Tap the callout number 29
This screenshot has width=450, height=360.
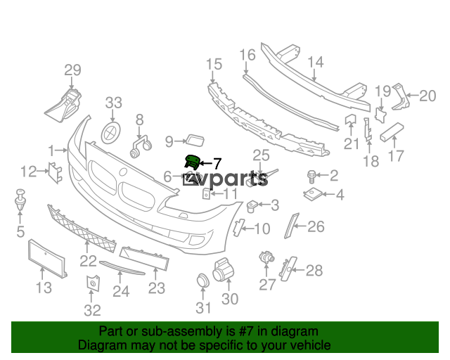coord(72,70)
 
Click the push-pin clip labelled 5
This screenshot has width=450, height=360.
coord(20,199)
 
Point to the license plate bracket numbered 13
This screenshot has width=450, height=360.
coord(47,259)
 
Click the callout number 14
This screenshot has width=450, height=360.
coord(316,63)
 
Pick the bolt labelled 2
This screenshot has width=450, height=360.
coord(311,176)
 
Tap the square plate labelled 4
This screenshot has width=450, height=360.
coord(313,194)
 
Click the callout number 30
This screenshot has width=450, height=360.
coord(230,299)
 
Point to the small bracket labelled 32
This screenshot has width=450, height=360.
coord(93,283)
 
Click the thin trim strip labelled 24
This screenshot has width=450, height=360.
coord(122,267)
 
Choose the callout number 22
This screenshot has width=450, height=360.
coord(88,261)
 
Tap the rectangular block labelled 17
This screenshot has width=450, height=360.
coord(392,132)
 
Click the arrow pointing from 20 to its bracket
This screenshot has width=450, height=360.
coord(412,95)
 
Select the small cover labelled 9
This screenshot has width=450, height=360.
coord(195,140)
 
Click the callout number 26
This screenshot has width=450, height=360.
coord(316,226)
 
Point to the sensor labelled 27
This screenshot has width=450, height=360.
coord(266,257)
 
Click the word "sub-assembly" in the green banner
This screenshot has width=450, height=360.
coord(181,332)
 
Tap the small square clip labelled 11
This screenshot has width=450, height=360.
coord(206,194)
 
